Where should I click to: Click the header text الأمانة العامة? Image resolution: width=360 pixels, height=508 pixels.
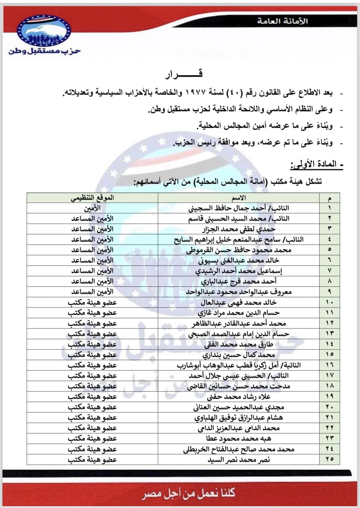[282, 21]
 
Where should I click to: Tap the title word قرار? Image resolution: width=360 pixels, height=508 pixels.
[184, 74]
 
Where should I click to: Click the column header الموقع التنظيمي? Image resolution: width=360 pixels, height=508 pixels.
[92, 197]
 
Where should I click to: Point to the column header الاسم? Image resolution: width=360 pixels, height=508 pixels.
[239, 198]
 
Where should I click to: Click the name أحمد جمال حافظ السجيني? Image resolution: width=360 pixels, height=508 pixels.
[239, 208]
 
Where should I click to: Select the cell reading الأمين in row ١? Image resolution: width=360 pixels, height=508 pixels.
[92, 208]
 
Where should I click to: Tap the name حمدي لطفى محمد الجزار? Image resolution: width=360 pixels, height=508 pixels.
[239, 229]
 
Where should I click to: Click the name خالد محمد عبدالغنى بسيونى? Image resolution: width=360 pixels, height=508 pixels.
[239, 260]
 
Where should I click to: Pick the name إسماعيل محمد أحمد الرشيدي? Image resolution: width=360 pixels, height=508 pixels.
[239, 271]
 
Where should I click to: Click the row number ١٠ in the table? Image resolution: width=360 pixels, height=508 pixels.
[330, 303]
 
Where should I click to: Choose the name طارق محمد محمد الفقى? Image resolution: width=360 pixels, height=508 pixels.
[239, 344]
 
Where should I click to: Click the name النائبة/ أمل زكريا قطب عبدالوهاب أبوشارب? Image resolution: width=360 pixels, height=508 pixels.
[239, 365]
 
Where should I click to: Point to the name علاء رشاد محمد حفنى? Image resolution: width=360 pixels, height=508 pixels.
[239, 397]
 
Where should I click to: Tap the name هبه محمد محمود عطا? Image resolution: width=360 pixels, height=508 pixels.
[239, 439]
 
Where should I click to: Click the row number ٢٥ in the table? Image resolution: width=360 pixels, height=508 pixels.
[330, 459]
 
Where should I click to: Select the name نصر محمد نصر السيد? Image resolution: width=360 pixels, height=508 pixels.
[239, 460]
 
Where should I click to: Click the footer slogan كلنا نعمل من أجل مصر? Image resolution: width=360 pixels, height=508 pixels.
[188, 493]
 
